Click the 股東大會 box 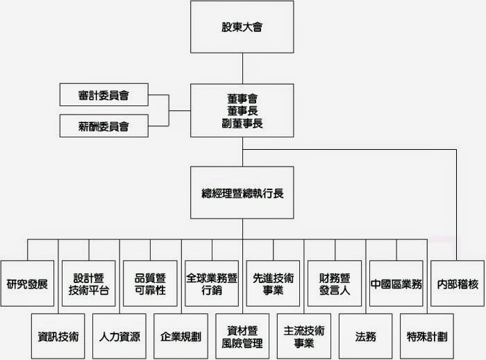(x=242, y=28)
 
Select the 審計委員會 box (x=103, y=95)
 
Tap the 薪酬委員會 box (x=103, y=126)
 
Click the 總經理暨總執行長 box (x=242, y=193)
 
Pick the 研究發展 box (x=27, y=284)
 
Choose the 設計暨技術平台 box (x=89, y=284)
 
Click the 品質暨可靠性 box (x=150, y=284)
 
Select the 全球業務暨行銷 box (x=212, y=284)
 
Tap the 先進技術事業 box (x=273, y=284)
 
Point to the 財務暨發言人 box (x=335, y=284)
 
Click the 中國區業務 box (x=396, y=284)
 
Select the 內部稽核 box (x=458, y=284)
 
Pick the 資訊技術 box (x=58, y=336)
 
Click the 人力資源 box (x=119, y=336)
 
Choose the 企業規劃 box (x=181, y=336)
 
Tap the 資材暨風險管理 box (x=242, y=336)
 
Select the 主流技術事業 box (x=304, y=336)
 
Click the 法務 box (x=365, y=336)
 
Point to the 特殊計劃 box (x=427, y=336)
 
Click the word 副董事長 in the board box (x=242, y=123)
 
